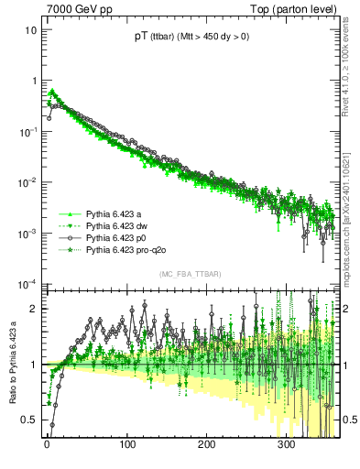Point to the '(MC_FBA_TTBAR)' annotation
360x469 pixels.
coord(190,275)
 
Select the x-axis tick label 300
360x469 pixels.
coord(286,444)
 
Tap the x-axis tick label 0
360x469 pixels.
coord(47,444)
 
